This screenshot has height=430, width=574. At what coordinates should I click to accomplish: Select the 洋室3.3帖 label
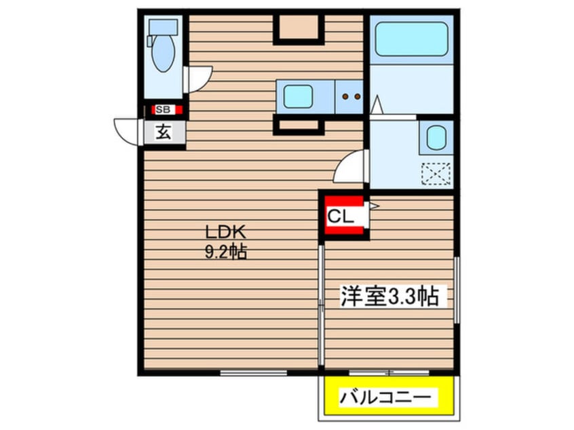[x=388, y=297]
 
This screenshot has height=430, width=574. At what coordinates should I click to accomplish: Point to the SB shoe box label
[x=164, y=109]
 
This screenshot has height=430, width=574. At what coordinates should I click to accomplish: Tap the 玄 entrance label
[x=164, y=132]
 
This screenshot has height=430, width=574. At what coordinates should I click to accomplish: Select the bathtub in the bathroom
[x=411, y=40]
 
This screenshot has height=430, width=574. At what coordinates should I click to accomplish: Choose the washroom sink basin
[x=435, y=138]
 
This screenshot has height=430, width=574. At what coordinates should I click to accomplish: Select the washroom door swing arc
[x=350, y=168]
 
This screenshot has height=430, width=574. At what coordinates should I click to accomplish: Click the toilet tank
[x=163, y=27]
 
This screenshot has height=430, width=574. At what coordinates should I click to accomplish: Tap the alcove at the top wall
[x=299, y=27]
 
